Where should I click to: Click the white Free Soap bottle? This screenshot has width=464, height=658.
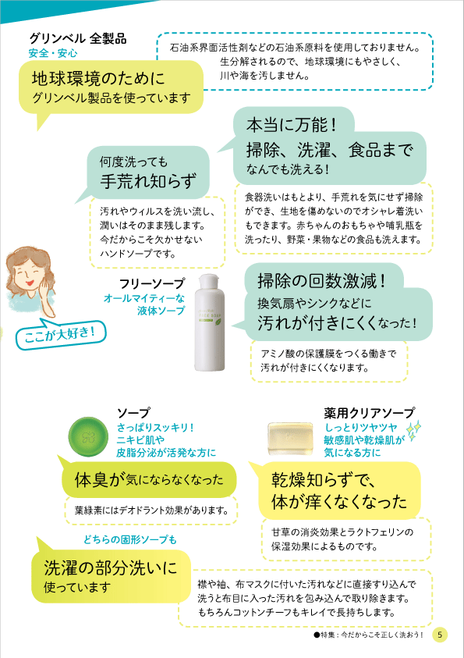point(210,322)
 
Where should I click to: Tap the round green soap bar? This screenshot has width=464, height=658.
point(88,436)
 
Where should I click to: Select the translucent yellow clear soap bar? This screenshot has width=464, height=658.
point(290,439)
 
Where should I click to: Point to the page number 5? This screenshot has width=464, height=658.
point(439,634)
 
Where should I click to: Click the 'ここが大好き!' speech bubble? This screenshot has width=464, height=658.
point(61,334)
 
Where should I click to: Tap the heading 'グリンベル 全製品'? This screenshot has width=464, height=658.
point(77,38)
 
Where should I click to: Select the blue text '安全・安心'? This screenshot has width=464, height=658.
point(53,53)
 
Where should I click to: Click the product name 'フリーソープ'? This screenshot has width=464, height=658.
point(152,283)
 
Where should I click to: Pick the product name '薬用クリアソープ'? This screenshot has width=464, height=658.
point(370,413)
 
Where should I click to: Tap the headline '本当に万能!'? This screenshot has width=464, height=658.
point(292,125)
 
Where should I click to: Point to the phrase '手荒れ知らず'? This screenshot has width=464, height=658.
point(148,181)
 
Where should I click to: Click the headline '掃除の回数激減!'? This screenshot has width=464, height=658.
point(321,281)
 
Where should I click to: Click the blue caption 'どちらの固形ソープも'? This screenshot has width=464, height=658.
point(130,539)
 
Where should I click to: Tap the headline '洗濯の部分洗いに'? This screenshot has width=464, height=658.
point(111,567)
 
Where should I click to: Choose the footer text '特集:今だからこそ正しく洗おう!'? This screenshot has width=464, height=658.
point(372,635)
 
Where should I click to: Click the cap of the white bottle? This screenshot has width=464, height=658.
point(210,278)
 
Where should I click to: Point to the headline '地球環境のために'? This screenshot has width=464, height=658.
point(98,79)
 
